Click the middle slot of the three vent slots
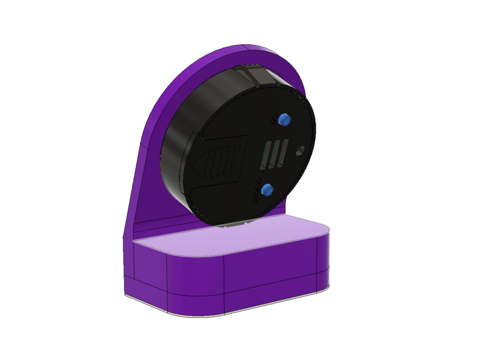[x=275, y=154]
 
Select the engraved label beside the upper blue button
[x=274, y=120]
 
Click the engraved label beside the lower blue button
[x=258, y=194]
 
